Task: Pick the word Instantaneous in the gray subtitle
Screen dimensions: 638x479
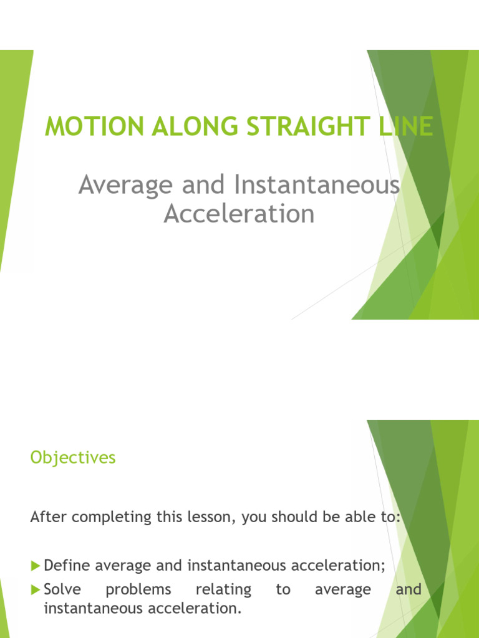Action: [317, 186]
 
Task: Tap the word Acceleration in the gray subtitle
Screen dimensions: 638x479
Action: [239, 214]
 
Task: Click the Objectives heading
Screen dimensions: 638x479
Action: [73, 458]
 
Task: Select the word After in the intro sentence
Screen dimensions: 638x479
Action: [47, 517]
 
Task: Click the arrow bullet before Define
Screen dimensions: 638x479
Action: [35, 566]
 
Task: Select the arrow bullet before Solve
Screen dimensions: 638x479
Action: [35, 589]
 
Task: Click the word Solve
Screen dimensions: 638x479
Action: [62, 589]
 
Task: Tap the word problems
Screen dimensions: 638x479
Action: [138, 590]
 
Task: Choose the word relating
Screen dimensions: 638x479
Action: [223, 590]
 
